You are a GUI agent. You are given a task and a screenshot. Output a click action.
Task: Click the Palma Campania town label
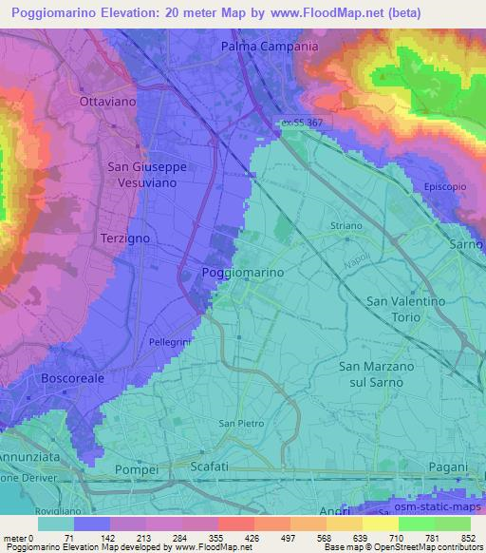(x=269, y=46)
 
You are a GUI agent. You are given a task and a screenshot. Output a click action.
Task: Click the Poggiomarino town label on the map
(x=244, y=272)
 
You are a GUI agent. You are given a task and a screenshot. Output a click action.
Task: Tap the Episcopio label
(x=445, y=186)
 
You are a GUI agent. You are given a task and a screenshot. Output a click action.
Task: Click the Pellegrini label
(x=170, y=340)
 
